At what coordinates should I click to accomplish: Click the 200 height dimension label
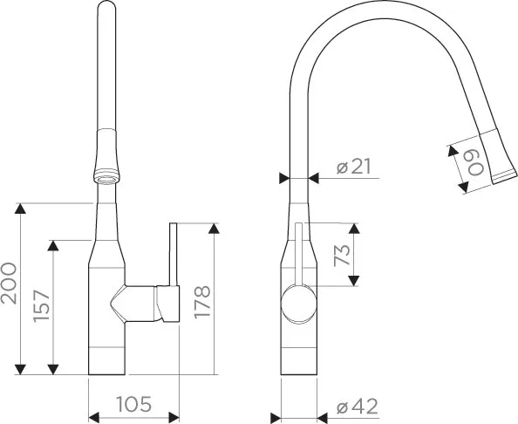coord(9,284)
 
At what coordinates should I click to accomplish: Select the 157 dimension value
coord(42,305)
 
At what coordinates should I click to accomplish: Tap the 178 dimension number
coord(201,302)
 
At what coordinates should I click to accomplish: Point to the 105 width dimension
coord(133,404)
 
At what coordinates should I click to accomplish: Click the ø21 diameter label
coord(354,167)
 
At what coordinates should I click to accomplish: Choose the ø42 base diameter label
coord(358,407)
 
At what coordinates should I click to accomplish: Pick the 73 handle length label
coord(342,255)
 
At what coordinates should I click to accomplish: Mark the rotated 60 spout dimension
coord(476,163)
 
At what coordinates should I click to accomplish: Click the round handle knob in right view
coord(298,304)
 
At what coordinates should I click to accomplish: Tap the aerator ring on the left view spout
coord(106,175)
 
